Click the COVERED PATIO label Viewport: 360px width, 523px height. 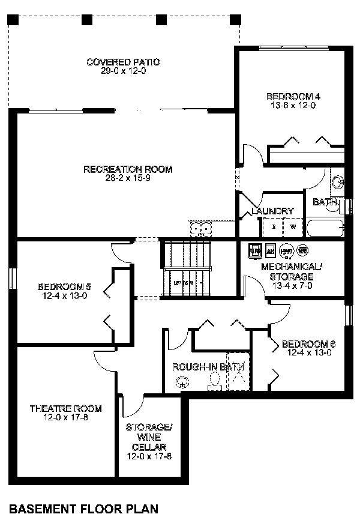point(124,62)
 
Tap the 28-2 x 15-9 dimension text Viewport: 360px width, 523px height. point(127,178)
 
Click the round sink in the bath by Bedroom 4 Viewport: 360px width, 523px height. point(338,181)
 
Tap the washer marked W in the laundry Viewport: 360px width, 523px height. point(293,227)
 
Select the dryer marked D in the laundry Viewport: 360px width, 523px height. point(274,227)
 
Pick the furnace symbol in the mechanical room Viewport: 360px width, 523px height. point(254,250)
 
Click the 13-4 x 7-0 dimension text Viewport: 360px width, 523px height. point(287,286)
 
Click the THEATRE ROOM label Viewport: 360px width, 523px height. point(65,408)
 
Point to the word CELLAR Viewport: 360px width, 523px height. point(149,447)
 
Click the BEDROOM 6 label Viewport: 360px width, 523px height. point(308,344)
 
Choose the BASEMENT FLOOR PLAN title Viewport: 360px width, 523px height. point(84,509)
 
